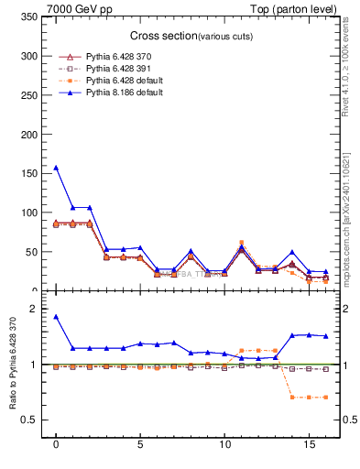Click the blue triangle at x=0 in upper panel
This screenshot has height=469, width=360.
(56, 168)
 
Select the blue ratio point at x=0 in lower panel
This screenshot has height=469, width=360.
(56, 317)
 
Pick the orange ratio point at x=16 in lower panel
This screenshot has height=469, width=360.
(325, 398)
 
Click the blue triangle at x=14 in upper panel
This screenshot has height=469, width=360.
(292, 252)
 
